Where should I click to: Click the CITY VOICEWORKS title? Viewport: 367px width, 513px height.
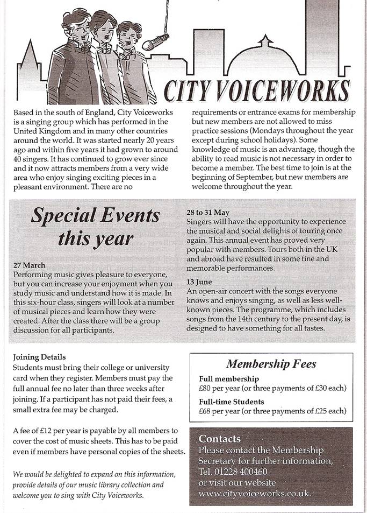pos(256,91)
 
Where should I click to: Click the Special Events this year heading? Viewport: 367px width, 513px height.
pos(96,226)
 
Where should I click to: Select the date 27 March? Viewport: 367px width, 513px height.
pos(30,265)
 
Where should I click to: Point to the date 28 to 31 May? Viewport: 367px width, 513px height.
pos(208,212)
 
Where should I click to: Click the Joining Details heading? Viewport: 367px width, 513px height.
pos(39,356)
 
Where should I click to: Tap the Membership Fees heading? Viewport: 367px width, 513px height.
pos(271,364)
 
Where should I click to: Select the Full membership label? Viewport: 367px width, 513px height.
pos(229,379)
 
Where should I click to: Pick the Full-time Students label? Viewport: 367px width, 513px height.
pos(232,402)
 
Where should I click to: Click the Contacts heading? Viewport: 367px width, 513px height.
pos(220,439)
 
